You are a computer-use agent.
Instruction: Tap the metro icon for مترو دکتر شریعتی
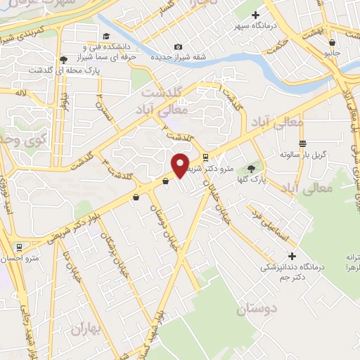tap(205, 157)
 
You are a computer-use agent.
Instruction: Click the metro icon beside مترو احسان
tap(19, 247)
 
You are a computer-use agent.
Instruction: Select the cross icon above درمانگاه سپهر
tap(255, 14)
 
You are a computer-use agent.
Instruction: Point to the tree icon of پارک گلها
tap(252, 169)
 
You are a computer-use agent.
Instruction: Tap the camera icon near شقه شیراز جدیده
tap(177, 46)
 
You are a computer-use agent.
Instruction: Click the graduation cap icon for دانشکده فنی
tap(106, 37)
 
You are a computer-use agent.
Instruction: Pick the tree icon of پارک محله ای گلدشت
tap(64, 60)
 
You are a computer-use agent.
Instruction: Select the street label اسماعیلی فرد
tap(271, 224)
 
